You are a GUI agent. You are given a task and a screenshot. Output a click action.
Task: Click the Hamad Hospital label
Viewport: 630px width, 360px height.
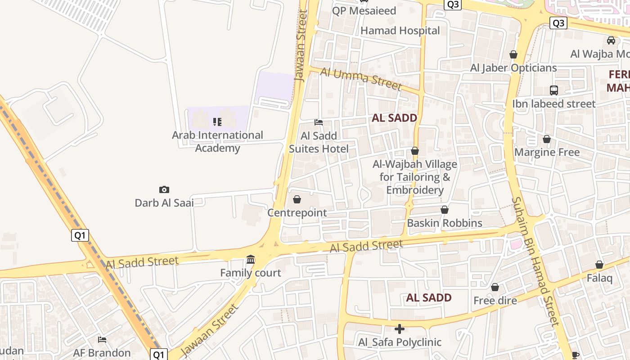pyautogui.click(x=400, y=31)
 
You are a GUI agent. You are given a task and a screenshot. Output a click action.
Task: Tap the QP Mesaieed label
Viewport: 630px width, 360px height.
pyautogui.click(x=364, y=11)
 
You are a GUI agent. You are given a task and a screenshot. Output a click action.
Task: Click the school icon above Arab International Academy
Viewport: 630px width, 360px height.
pyautogui.click(x=217, y=122)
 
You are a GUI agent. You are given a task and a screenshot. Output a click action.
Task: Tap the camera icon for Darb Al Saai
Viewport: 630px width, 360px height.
pyautogui.click(x=164, y=189)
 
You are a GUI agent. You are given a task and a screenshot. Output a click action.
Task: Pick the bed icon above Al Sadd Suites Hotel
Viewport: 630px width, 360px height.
pyautogui.click(x=319, y=122)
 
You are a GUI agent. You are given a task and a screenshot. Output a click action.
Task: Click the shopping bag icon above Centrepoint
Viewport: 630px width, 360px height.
pyautogui.click(x=297, y=199)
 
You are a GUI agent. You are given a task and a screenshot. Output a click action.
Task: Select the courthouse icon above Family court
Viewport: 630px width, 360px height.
pyautogui.click(x=251, y=260)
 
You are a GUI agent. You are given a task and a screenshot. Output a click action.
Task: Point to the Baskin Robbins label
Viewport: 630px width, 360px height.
pyautogui.click(x=445, y=223)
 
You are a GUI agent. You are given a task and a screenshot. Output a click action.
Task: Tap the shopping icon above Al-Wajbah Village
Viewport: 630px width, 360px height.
pyautogui.click(x=415, y=151)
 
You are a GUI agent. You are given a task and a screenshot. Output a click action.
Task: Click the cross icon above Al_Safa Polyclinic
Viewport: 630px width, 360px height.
pyautogui.click(x=400, y=329)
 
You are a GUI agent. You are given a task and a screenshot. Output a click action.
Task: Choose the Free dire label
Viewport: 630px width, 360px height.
pyautogui.click(x=495, y=300)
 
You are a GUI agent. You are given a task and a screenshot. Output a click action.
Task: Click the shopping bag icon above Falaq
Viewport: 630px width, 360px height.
pyautogui.click(x=599, y=265)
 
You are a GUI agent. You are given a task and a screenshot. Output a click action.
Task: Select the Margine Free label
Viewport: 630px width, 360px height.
pyautogui.click(x=547, y=152)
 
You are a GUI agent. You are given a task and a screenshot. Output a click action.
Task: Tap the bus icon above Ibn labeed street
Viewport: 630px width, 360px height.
pyautogui.click(x=554, y=90)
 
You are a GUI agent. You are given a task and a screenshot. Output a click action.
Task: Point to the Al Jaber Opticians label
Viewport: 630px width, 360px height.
pyautogui.click(x=513, y=68)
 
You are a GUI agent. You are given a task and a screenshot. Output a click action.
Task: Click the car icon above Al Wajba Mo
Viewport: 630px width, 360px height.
pyautogui.click(x=611, y=40)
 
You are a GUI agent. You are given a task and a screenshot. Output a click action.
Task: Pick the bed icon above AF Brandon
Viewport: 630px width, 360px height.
pyautogui.click(x=102, y=339)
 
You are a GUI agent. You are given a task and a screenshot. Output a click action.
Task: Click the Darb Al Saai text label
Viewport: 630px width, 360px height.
pyautogui.click(x=164, y=202)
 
